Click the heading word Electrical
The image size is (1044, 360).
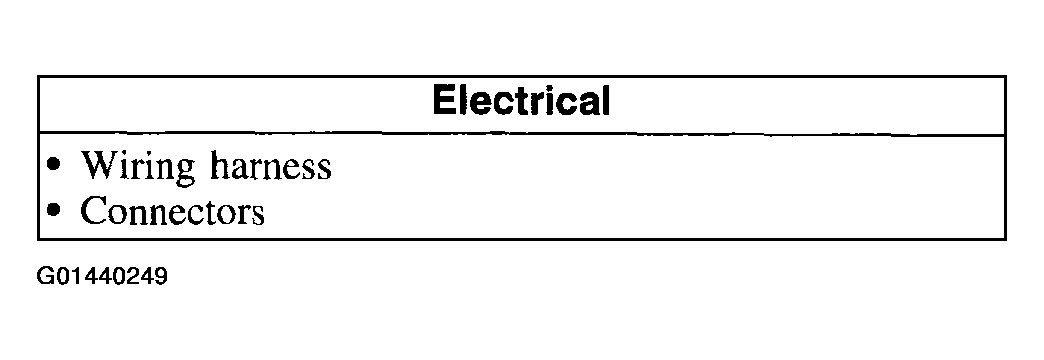(x=520, y=102)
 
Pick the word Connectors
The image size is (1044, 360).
(x=172, y=212)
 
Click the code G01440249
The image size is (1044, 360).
(x=101, y=275)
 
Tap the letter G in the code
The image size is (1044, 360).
(x=45, y=275)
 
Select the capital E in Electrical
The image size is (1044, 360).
(x=444, y=102)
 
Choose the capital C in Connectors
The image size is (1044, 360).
(x=93, y=212)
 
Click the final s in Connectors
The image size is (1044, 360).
(x=258, y=214)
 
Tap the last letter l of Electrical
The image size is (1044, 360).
(x=604, y=102)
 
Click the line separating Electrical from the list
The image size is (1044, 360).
(x=520, y=134)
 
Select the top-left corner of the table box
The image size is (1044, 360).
(x=38, y=75)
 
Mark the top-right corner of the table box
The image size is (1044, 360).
(x=1005, y=75)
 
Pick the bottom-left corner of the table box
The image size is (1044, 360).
(x=38, y=239)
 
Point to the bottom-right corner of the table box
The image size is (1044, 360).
(x=1005, y=239)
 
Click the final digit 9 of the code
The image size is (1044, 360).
(x=160, y=275)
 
